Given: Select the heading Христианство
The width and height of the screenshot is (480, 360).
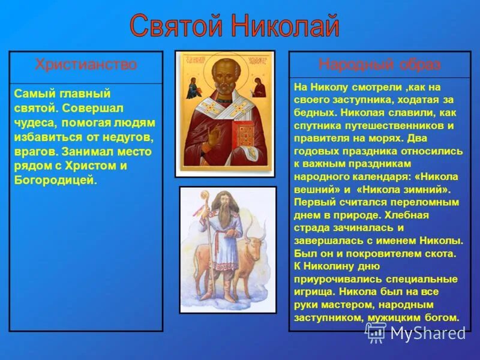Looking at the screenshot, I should [86, 65].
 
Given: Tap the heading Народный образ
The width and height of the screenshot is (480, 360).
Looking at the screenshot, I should [379, 65].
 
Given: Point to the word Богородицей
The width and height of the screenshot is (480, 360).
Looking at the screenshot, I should [55, 180].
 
